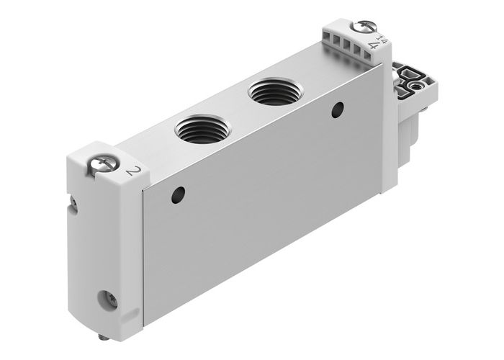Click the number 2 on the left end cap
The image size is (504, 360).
pyautogui.click(x=132, y=171)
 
